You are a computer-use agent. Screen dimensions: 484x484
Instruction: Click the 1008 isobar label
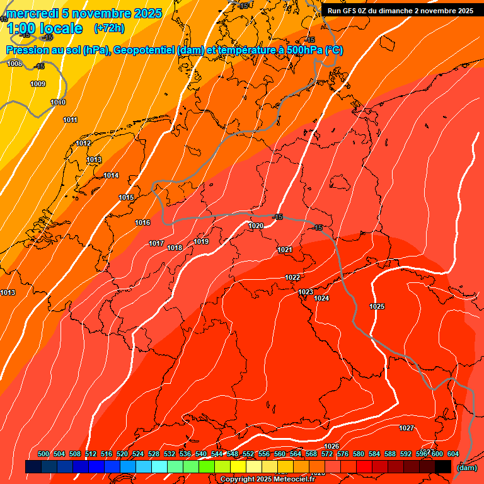(14, 64)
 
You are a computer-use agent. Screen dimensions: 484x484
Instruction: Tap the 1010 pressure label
(58, 102)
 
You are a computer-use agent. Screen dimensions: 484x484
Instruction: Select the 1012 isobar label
(83, 144)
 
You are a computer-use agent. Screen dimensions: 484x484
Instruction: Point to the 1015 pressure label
(126, 198)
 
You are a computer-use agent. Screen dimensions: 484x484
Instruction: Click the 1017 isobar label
(156, 244)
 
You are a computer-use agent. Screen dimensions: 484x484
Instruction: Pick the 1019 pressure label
(201, 241)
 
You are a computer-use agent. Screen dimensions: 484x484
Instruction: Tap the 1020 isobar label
(256, 226)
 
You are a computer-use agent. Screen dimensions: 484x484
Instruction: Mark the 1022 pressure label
(292, 277)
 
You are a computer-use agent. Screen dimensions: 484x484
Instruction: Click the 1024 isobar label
(321, 298)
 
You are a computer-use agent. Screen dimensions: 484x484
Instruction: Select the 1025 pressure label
(377, 306)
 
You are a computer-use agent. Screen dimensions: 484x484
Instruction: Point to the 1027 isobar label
(406, 428)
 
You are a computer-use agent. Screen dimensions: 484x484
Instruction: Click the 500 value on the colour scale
(43, 454)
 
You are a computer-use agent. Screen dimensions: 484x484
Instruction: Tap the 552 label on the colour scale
(248, 454)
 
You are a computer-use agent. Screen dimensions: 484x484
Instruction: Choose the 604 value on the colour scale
(452, 454)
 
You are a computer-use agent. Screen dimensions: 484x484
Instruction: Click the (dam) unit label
(466, 467)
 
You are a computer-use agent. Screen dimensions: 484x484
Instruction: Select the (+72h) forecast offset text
(109, 28)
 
